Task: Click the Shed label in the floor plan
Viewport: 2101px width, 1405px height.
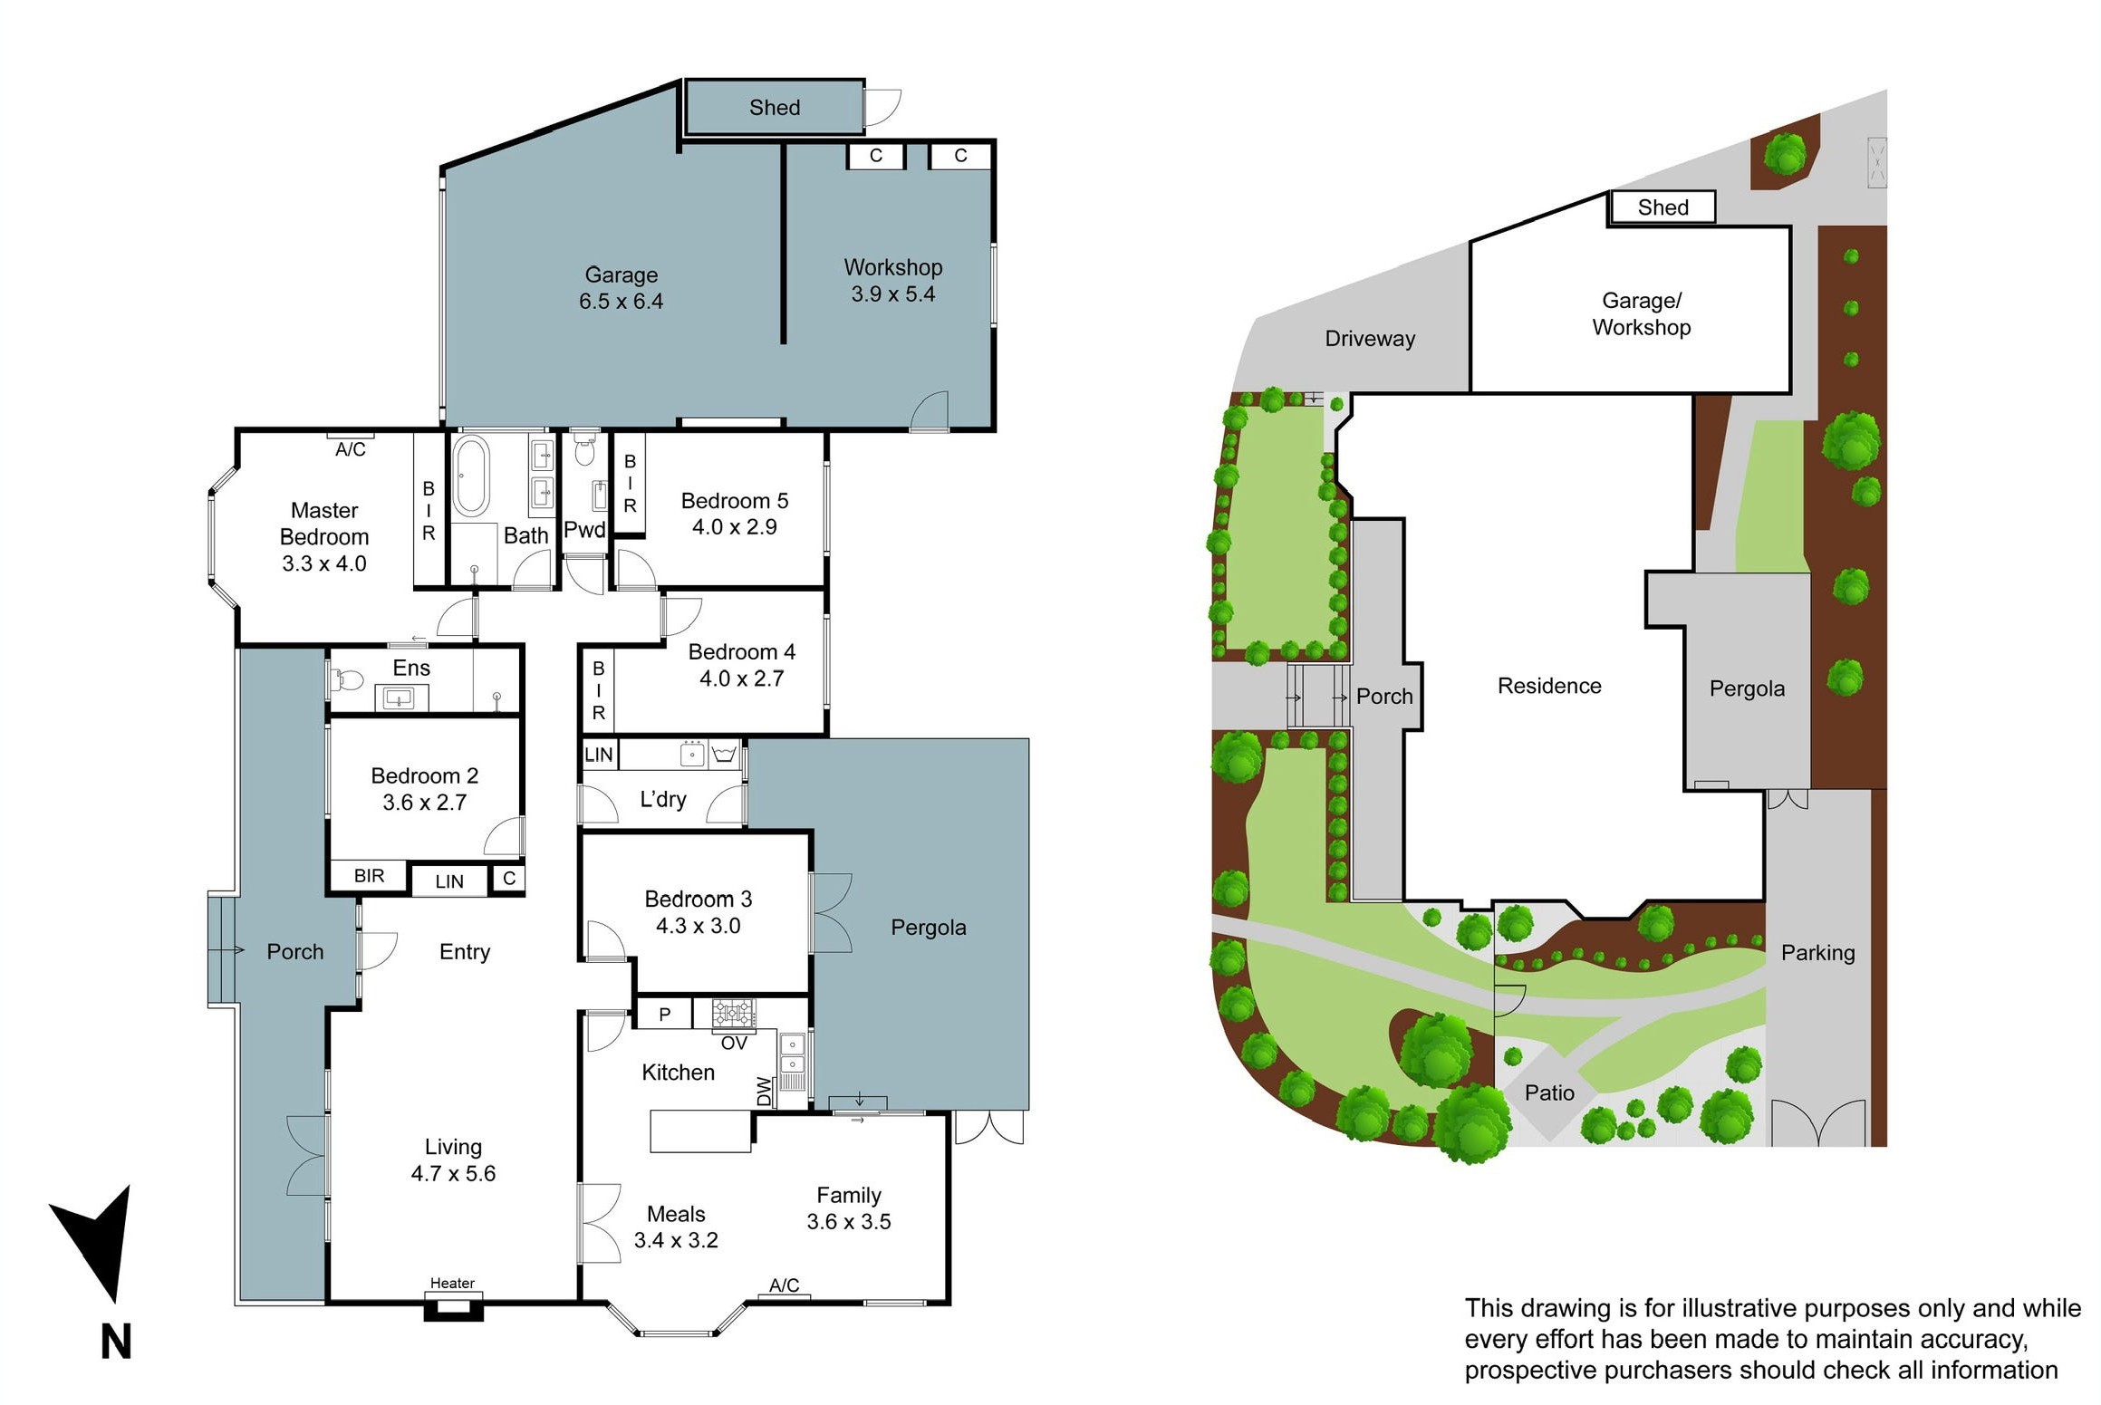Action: click(774, 108)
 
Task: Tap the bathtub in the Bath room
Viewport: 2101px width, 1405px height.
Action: click(470, 476)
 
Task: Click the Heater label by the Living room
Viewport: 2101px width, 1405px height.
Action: click(452, 1283)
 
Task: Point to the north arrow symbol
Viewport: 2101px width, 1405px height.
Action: click(98, 1241)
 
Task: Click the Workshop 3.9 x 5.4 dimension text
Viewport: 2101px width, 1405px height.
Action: click(892, 294)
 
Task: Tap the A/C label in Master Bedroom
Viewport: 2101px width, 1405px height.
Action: click(351, 449)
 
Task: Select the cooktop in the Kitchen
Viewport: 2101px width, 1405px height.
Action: click(733, 1012)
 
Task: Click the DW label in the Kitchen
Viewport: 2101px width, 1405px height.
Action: click(765, 1091)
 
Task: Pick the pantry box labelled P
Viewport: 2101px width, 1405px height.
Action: click(664, 1015)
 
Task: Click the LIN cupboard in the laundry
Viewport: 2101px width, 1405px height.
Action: click(598, 755)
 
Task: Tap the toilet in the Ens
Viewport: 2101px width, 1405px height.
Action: click(348, 679)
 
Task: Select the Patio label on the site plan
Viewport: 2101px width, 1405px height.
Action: click(1548, 1092)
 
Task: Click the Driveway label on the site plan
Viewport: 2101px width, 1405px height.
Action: click(1369, 339)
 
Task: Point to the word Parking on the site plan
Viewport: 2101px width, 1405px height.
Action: click(1817, 952)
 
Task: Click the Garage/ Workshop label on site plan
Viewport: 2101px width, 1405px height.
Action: click(1641, 313)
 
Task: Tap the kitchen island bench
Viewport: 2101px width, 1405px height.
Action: click(700, 1131)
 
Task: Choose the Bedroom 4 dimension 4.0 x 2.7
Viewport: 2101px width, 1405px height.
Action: click(741, 678)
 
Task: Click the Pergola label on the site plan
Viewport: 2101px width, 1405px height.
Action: click(1746, 688)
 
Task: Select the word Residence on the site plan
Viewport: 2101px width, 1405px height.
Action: click(1548, 686)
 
